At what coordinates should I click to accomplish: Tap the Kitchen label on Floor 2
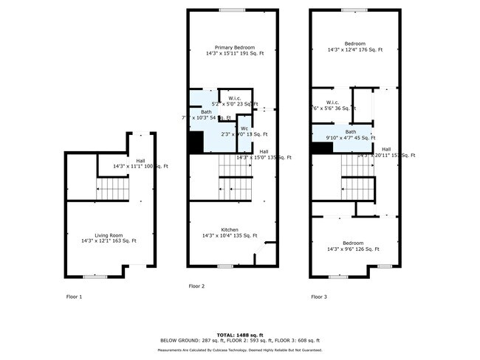coord(233,230)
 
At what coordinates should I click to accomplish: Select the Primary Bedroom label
coord(235,48)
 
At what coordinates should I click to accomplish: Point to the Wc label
coord(244,128)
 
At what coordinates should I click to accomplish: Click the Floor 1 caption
coord(74,297)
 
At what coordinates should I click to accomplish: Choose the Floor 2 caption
coord(196,285)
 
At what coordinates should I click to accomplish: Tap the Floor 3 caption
coord(319,297)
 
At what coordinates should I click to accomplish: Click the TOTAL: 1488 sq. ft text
coord(239,334)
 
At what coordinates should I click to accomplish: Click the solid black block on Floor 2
coord(195,142)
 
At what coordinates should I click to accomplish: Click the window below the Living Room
coord(94,277)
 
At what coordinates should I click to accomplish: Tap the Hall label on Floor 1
coord(140,162)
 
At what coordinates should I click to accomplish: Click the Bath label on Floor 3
coord(351,132)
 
